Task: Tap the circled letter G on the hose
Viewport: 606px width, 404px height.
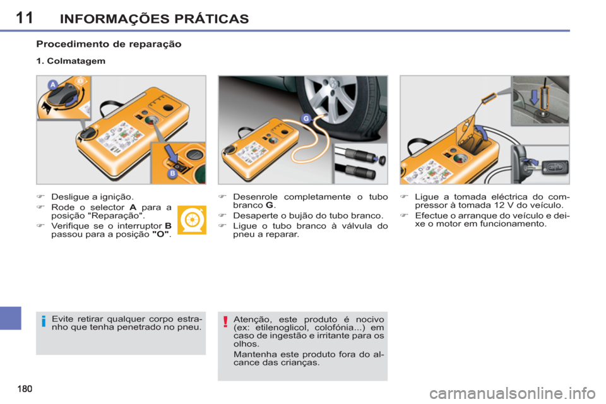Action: [307, 117]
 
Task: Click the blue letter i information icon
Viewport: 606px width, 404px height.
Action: [43, 323]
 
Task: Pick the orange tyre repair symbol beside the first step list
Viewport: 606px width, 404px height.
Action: [191, 220]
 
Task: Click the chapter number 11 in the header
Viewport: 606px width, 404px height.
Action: [24, 17]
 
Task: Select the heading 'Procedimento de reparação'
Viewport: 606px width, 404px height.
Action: [109, 45]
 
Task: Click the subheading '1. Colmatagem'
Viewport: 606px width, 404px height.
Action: [70, 62]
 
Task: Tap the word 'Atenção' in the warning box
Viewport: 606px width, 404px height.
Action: [250, 319]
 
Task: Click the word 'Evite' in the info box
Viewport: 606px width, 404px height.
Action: [62, 319]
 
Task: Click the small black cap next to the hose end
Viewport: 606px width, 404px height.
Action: [377, 160]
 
